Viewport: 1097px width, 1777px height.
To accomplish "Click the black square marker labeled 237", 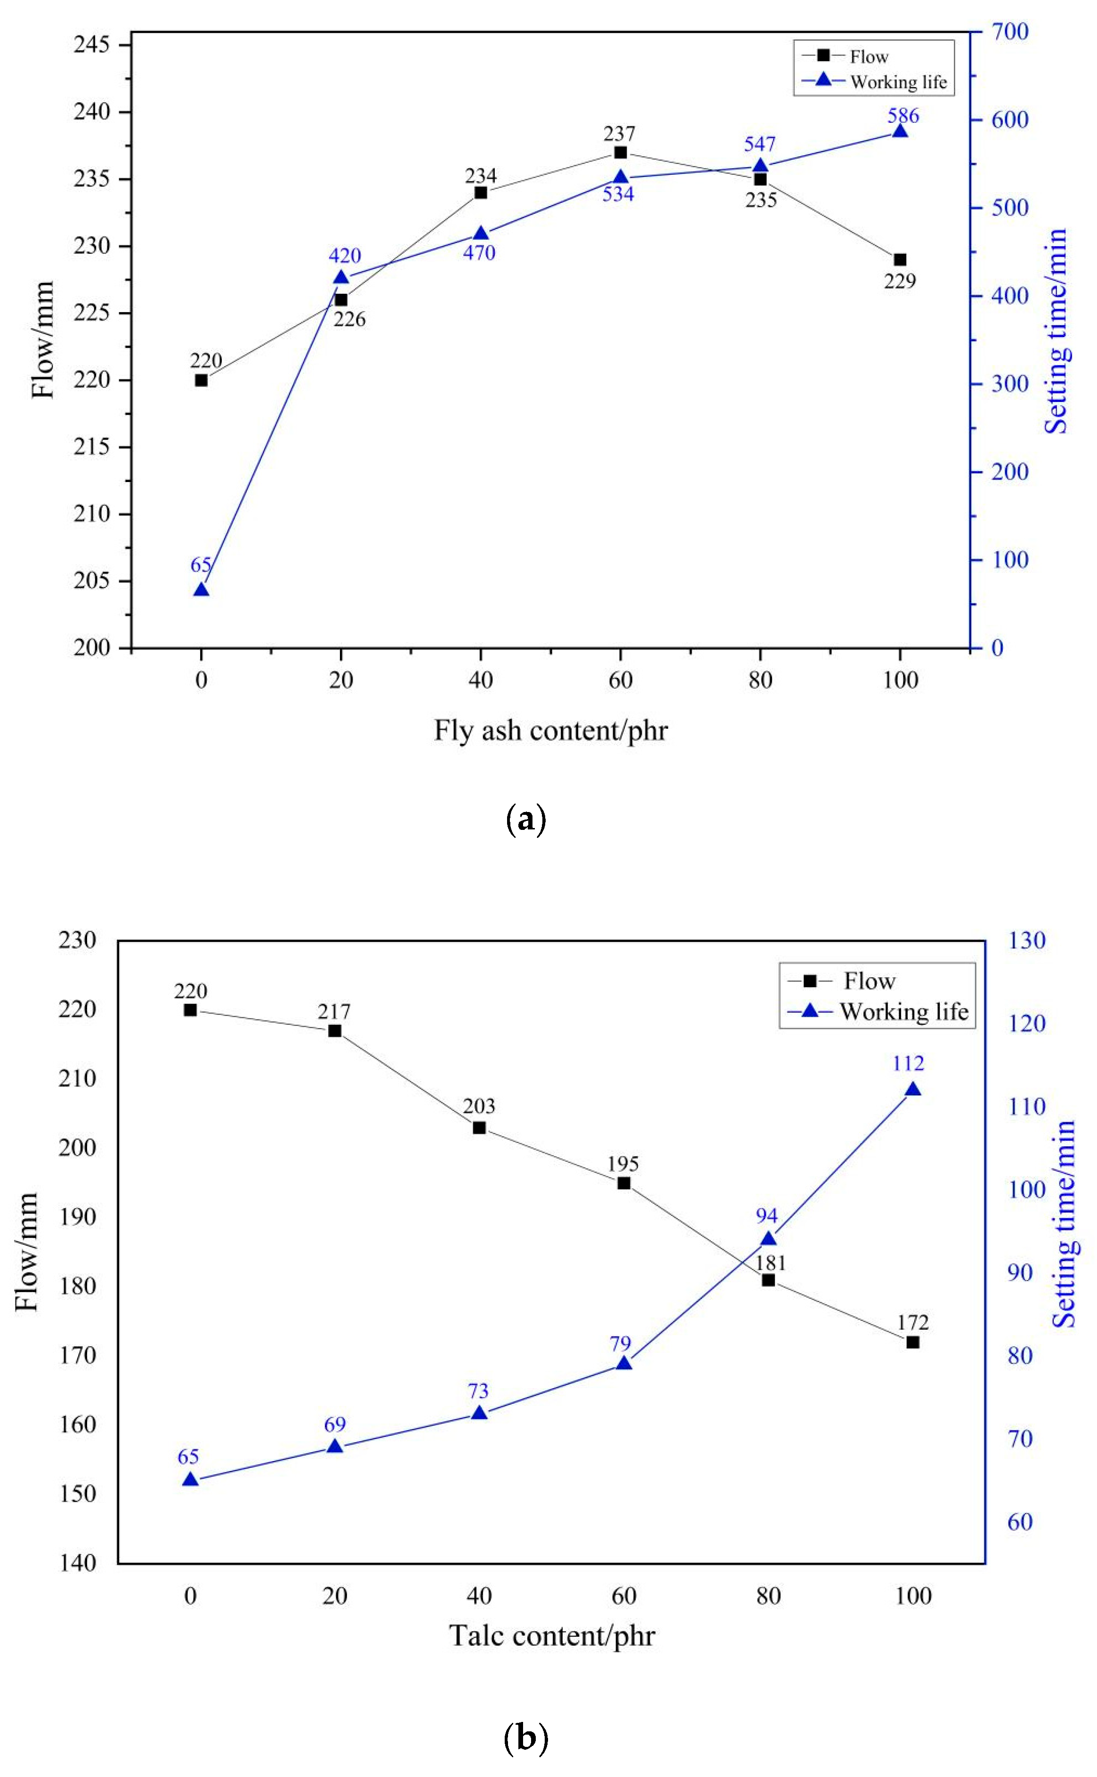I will point(621,153).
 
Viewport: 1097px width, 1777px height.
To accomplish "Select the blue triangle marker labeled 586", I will point(900,131).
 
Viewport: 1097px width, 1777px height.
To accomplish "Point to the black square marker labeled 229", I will point(900,260).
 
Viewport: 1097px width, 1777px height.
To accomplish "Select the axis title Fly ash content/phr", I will point(550,730).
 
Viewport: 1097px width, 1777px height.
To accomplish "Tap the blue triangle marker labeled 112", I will point(913,1090).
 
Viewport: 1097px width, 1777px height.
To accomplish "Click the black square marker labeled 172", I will point(913,1343).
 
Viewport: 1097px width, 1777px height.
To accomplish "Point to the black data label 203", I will point(479,1107).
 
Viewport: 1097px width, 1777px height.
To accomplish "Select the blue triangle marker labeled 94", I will point(768,1239).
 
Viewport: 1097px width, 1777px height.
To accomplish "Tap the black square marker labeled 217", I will point(334,1031).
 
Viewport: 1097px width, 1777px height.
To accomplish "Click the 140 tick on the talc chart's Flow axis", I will point(78,1563).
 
